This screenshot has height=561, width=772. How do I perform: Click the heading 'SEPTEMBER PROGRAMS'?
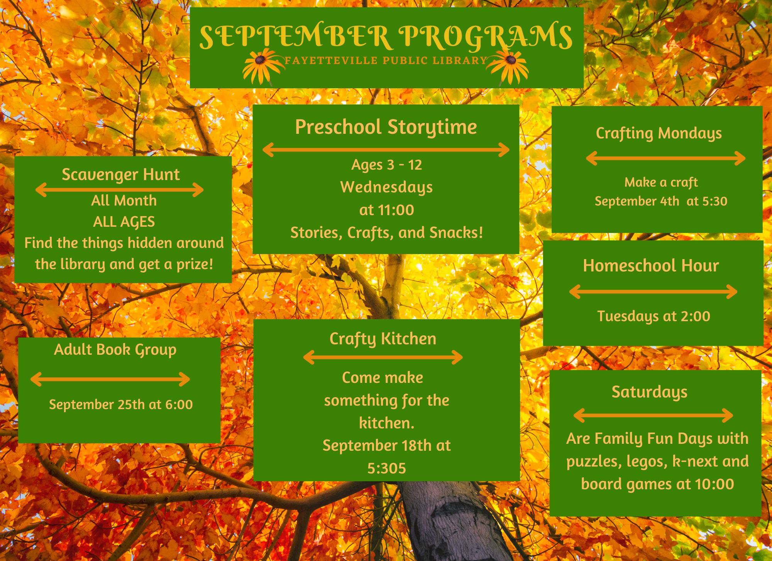click(386, 37)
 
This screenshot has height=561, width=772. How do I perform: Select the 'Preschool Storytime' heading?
click(386, 128)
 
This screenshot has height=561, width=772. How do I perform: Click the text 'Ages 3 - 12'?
click(386, 165)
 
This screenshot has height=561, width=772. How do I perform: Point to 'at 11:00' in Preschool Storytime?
click(386, 210)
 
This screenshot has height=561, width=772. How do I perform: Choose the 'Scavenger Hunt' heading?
click(121, 175)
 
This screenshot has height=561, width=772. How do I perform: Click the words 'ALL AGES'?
click(124, 222)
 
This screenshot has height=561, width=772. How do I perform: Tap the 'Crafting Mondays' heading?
click(659, 134)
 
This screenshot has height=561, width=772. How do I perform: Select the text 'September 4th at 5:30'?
click(661, 201)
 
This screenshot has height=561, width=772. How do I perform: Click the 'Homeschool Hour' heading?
click(651, 266)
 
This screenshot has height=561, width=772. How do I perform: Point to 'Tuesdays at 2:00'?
click(653, 317)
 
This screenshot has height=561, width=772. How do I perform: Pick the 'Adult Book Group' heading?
click(115, 350)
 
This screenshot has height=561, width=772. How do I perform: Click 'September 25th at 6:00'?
click(121, 404)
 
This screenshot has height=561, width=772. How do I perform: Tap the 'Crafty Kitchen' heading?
click(383, 339)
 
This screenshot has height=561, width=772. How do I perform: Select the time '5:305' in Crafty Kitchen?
click(386, 468)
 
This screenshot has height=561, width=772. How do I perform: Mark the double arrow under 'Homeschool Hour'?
click(653, 291)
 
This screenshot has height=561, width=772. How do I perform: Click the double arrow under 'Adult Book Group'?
click(110, 379)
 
